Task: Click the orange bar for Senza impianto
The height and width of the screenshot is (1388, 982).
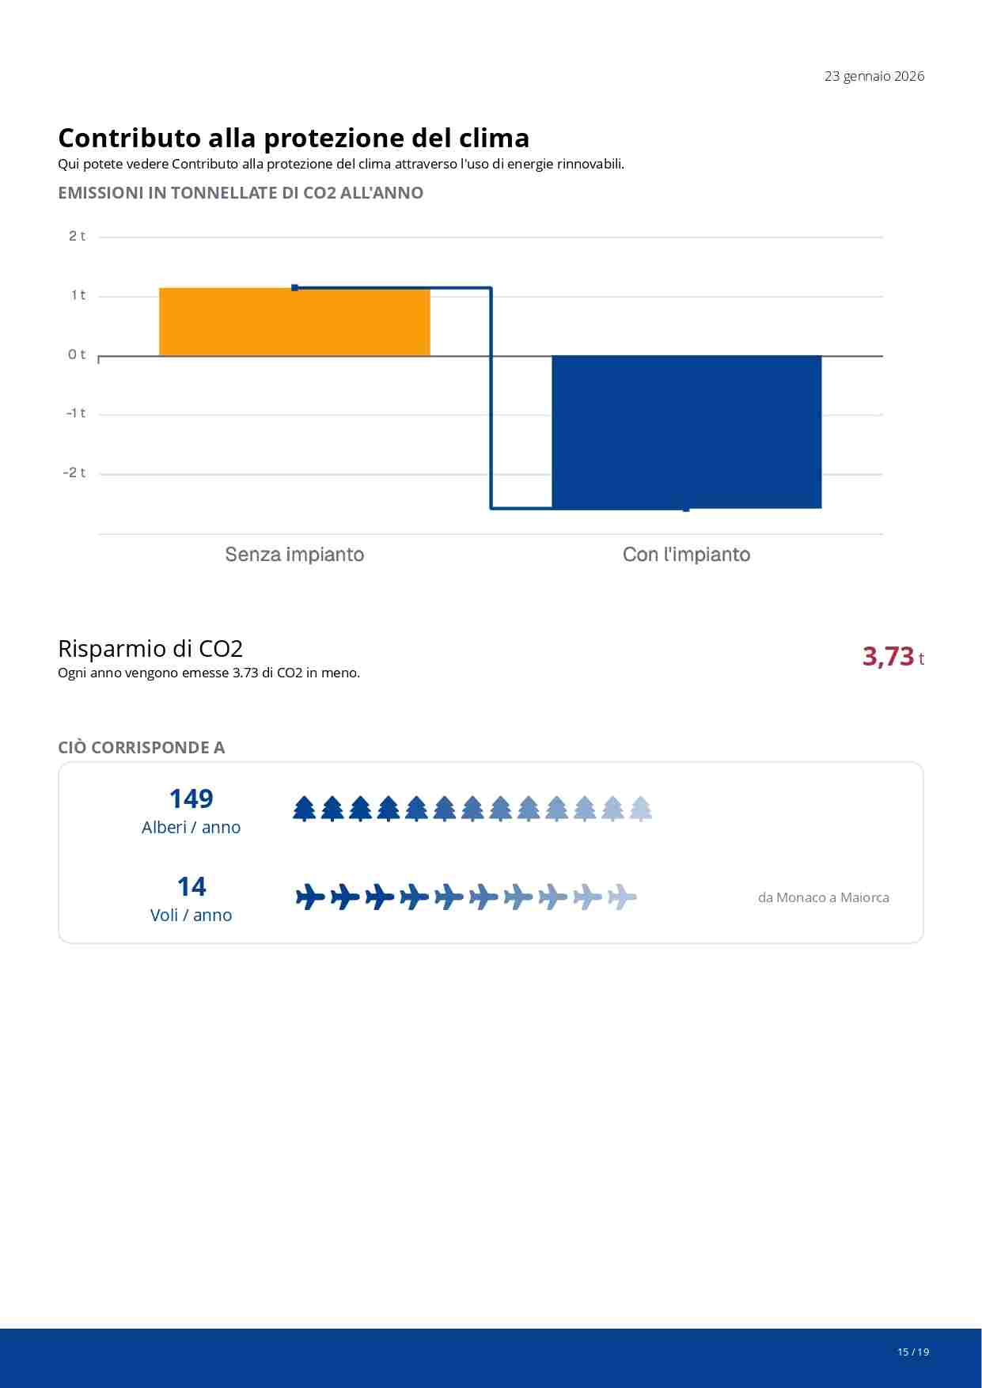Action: coord(294,322)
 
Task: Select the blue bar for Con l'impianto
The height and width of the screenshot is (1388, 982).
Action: coord(686,432)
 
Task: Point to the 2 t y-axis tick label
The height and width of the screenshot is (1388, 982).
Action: coord(77,237)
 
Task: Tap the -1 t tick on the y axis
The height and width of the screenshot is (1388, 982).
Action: coord(76,414)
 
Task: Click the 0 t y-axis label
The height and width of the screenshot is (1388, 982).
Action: coord(77,355)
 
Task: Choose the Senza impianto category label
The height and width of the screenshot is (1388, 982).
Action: coord(294,555)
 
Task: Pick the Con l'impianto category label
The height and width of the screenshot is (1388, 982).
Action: coord(686,555)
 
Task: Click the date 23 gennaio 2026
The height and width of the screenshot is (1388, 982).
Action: coord(874,77)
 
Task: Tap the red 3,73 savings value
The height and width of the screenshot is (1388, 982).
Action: coord(888,657)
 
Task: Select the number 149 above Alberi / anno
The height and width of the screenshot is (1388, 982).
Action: coord(191,799)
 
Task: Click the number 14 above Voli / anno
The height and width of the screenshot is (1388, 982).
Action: coord(191,887)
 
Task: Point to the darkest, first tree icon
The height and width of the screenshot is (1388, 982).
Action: coord(305,809)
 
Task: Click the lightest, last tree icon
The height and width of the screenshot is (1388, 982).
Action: coord(640,809)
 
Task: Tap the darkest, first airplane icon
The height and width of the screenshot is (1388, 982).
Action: coord(310,897)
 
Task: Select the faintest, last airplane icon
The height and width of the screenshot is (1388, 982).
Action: coord(622,897)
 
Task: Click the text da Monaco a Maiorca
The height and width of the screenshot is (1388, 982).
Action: coord(823,898)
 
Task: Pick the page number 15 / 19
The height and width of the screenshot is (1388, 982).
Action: coord(912,1352)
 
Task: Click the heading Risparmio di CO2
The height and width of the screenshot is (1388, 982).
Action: coord(150,649)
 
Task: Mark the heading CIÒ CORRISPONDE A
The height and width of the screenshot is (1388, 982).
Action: coord(142,748)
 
